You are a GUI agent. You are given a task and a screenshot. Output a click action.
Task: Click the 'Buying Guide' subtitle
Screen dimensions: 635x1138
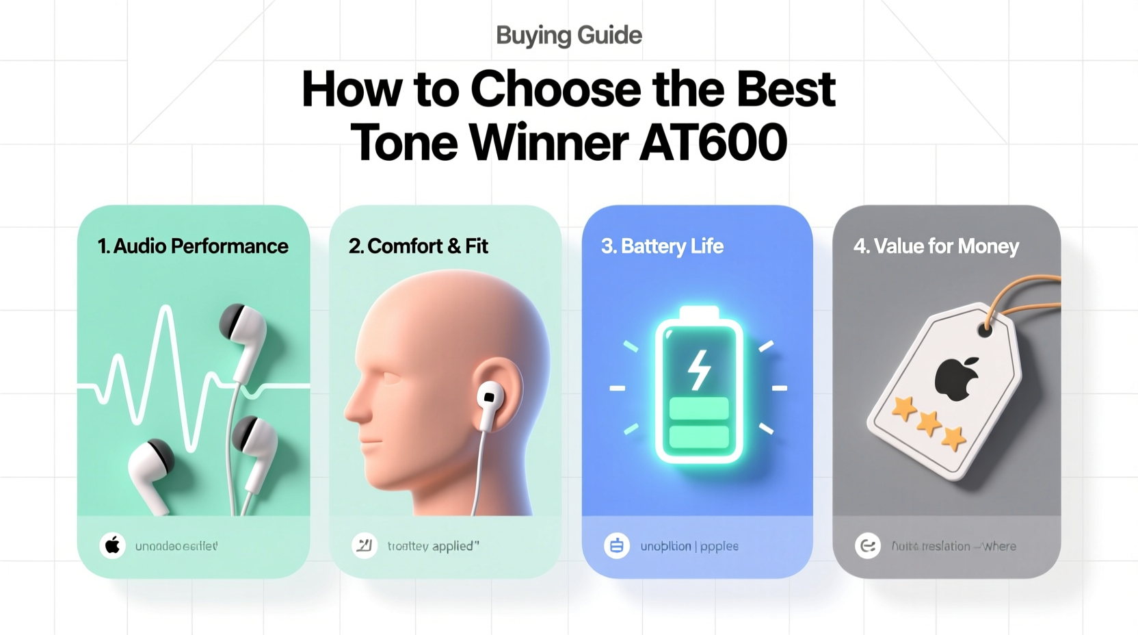(569, 35)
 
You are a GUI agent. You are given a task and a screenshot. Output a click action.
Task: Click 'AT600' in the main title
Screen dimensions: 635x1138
(713, 142)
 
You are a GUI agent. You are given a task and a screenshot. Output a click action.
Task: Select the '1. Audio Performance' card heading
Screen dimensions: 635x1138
(193, 246)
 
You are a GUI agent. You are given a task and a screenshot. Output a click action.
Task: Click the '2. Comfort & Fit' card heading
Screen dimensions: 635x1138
(419, 246)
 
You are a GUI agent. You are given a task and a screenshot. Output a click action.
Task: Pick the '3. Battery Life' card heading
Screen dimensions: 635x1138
(662, 246)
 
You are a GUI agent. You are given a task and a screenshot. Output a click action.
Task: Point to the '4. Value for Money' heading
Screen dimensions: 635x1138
(936, 246)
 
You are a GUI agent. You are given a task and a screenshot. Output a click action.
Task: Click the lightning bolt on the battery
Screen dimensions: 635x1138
(698, 370)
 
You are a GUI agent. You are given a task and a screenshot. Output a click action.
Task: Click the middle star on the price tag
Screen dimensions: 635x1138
(929, 424)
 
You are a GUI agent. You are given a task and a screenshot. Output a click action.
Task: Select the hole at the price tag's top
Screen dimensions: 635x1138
(985, 331)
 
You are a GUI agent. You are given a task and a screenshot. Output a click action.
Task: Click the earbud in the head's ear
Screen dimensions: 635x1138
(490, 400)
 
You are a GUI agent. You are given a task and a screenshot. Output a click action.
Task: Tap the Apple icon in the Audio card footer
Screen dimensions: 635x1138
(113, 546)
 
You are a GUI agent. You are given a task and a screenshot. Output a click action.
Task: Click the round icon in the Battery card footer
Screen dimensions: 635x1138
(616, 546)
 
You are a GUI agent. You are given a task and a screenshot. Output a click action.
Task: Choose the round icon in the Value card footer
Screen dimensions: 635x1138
(868, 546)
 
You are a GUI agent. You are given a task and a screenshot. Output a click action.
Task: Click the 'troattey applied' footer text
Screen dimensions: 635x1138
(433, 546)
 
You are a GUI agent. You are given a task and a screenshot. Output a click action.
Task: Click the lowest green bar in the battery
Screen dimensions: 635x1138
(698, 436)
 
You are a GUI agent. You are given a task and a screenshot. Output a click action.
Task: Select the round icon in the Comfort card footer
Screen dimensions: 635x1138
(365, 546)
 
